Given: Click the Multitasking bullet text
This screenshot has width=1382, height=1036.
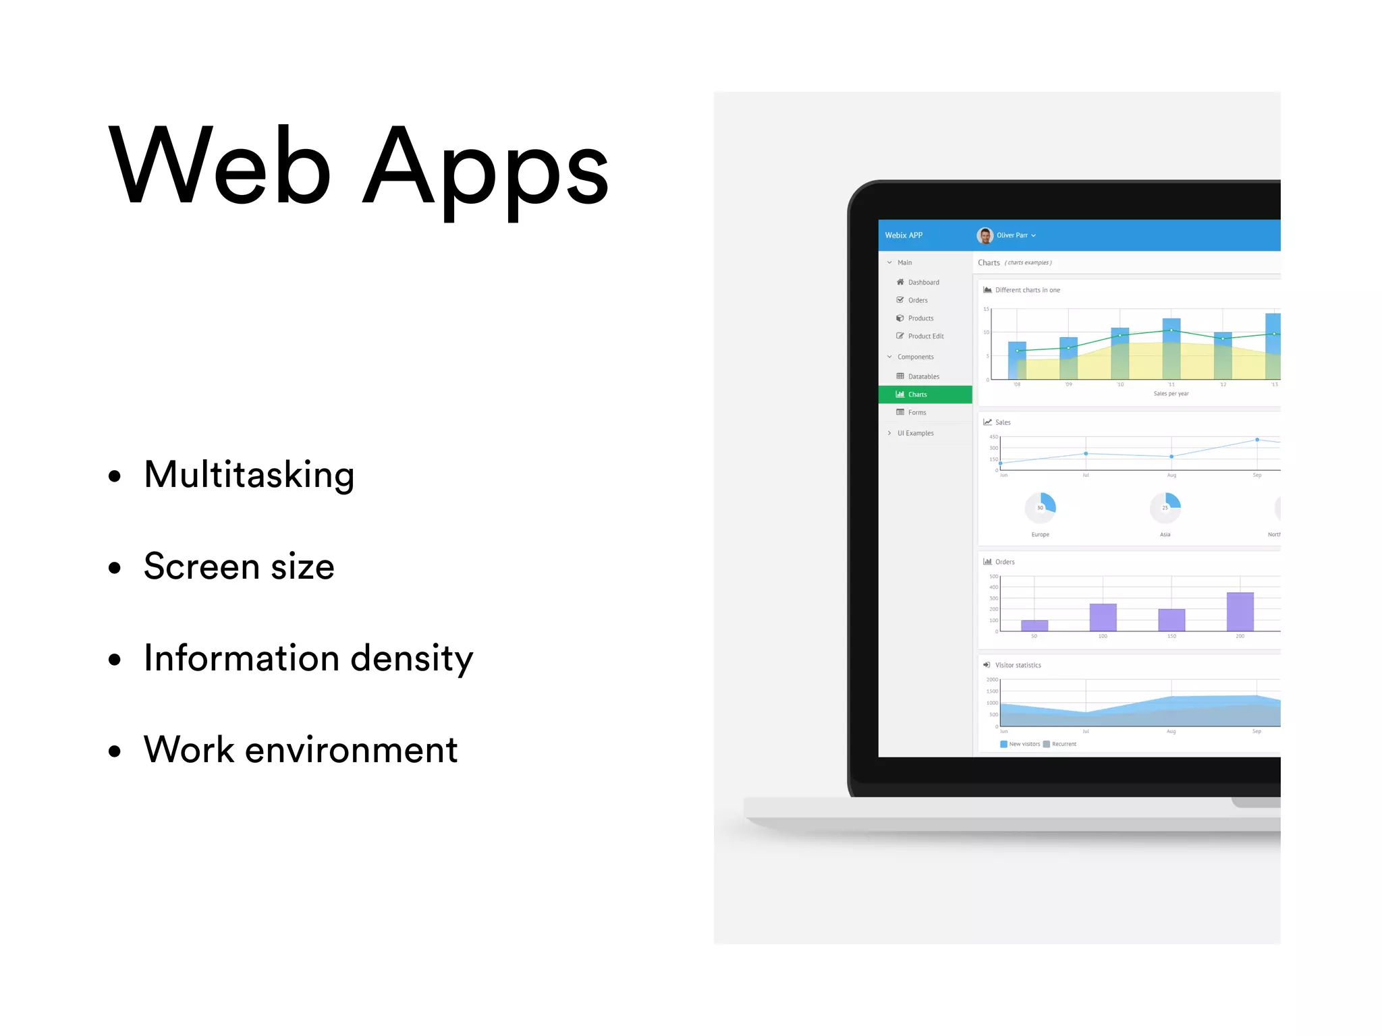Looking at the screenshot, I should (249, 475).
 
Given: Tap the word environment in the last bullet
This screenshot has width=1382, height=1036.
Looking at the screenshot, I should (351, 750).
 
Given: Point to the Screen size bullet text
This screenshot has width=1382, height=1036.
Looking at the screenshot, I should (239, 567).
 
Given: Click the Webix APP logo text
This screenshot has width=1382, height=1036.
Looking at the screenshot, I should (904, 235).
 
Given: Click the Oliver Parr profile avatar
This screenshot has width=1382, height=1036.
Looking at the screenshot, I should (985, 235).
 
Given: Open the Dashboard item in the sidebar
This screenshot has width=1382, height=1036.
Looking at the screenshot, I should (923, 283).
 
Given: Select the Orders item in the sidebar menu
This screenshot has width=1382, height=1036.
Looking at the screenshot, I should (917, 300).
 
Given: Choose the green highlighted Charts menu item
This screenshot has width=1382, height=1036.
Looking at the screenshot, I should (917, 395).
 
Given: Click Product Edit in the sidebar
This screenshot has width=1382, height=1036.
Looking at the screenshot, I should (925, 336).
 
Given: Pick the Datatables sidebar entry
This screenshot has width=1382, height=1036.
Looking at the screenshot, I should (923, 376).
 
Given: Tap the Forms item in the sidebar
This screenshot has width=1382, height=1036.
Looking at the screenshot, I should (916, 412).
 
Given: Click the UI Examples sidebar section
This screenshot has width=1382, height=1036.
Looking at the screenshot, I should (915, 433).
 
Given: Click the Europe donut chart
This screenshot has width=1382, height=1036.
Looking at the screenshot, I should (1040, 508).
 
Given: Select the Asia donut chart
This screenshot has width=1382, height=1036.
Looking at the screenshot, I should (1165, 508).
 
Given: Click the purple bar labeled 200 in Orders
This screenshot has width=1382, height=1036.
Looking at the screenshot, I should (1240, 612).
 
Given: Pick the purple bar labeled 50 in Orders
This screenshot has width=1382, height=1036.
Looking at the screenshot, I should (1034, 625).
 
